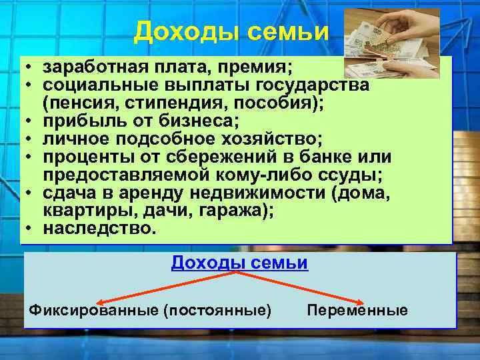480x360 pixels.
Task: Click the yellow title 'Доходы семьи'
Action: click(x=231, y=31)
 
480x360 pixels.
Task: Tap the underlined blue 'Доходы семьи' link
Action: click(x=239, y=263)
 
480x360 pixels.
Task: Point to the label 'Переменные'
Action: click(x=357, y=311)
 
